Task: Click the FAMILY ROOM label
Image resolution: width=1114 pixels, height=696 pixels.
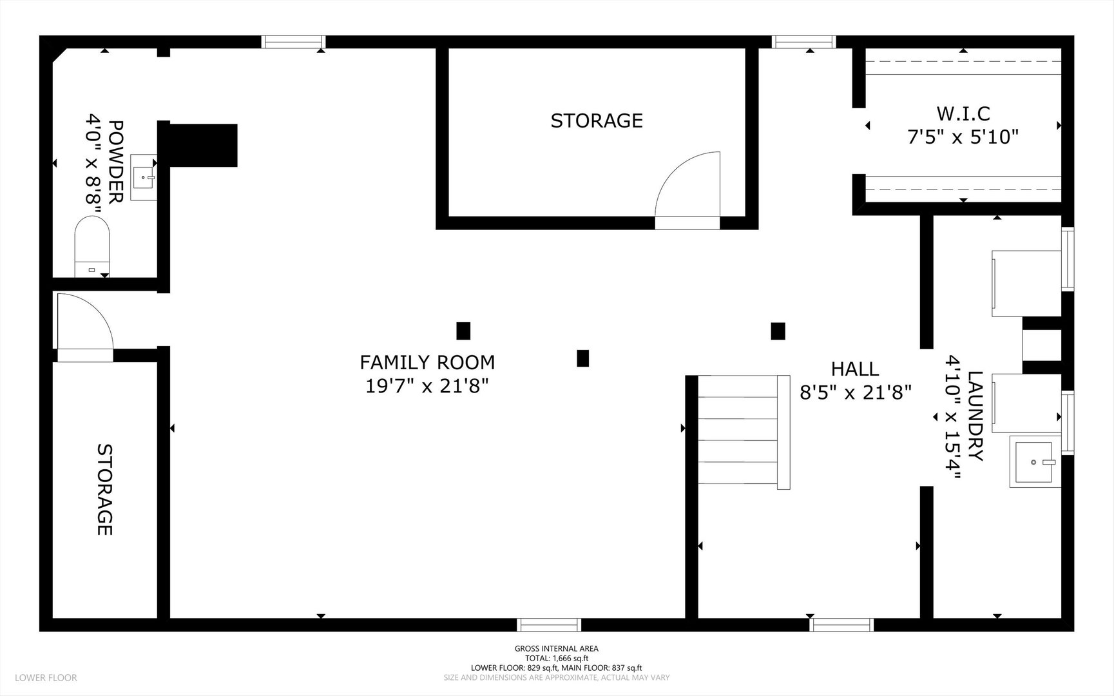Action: (x=427, y=362)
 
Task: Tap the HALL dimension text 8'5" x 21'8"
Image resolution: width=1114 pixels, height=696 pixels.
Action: (x=856, y=392)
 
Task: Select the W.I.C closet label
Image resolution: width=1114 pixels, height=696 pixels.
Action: (x=963, y=113)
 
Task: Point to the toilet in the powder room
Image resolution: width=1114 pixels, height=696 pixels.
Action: (x=92, y=246)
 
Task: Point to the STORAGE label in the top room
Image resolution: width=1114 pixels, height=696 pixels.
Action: (x=597, y=121)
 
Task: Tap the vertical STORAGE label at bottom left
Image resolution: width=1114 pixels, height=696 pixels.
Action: (x=105, y=489)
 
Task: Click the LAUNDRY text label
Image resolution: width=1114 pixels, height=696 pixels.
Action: (x=975, y=416)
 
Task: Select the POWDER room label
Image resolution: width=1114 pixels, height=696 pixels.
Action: (x=116, y=162)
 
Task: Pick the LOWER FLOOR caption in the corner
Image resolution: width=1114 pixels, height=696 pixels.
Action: (x=46, y=677)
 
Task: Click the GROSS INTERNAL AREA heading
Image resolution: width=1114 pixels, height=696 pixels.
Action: (x=557, y=649)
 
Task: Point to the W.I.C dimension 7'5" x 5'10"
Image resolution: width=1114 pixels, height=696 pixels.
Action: (x=963, y=137)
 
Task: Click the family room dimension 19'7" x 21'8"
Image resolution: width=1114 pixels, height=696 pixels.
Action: (x=427, y=386)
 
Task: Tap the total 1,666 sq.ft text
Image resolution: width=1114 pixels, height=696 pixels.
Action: (x=557, y=659)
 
